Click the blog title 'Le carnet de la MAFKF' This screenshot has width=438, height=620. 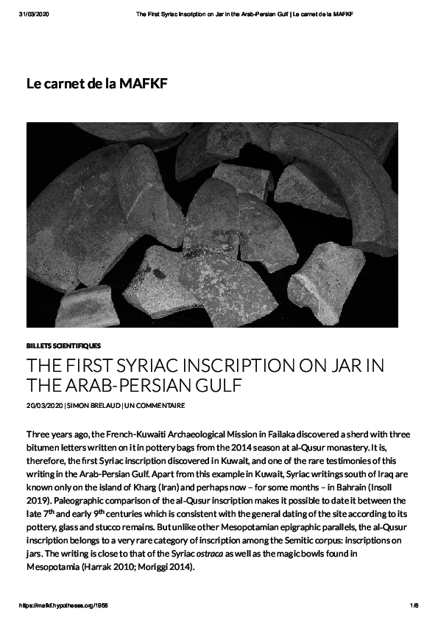tap(96, 84)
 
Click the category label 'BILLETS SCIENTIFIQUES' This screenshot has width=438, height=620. tap(63, 345)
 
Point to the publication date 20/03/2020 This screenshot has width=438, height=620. tap(44, 406)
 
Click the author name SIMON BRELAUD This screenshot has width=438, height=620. tap(93, 406)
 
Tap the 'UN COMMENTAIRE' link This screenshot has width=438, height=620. tap(155, 406)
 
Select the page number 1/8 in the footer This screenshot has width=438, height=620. tap(414, 605)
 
